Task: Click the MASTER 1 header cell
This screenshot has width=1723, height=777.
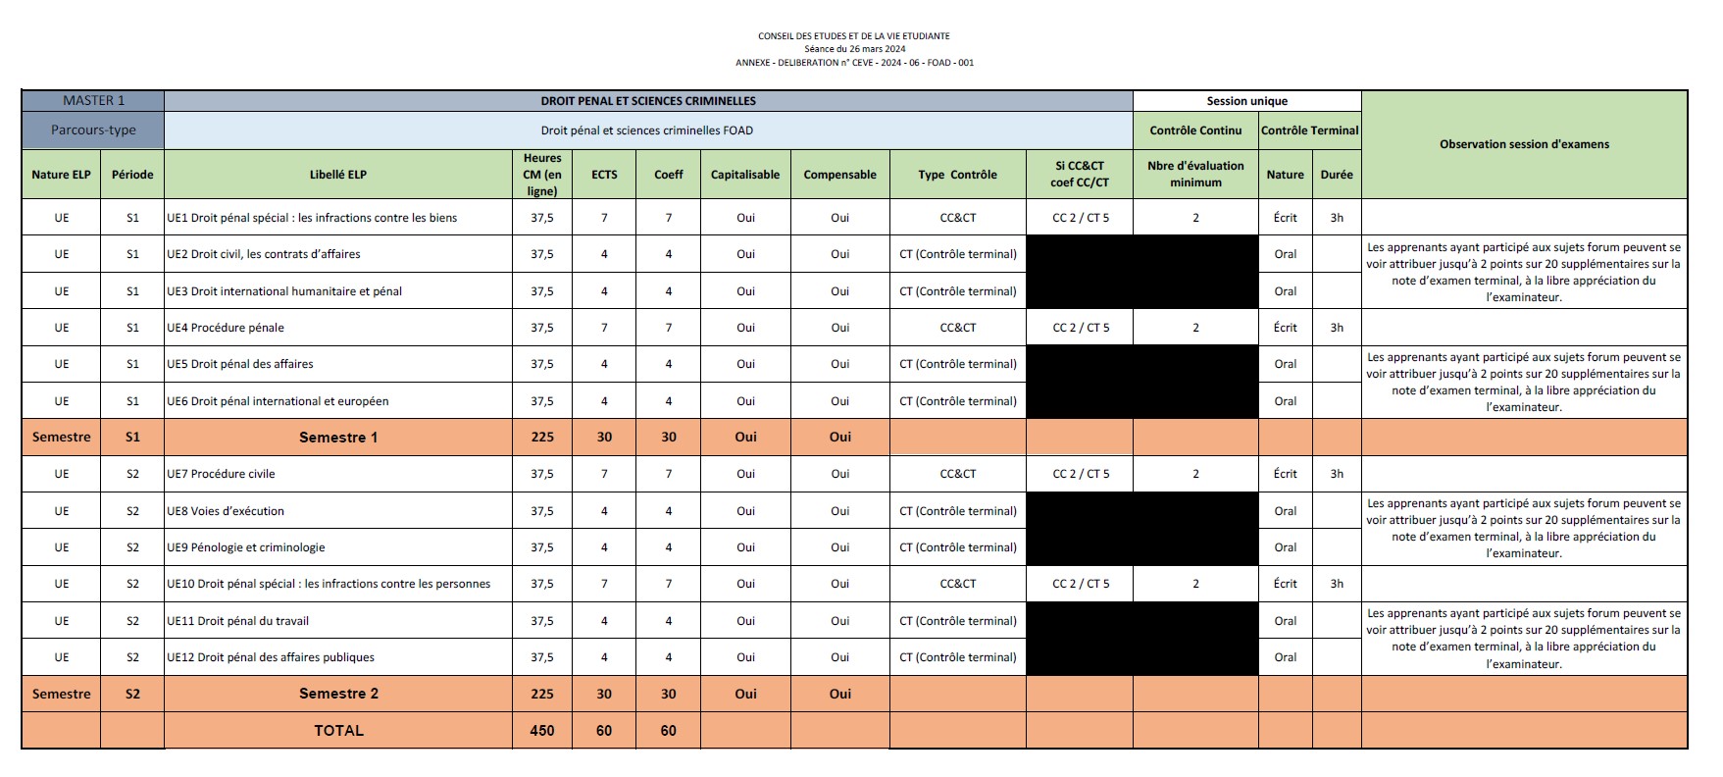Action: pos(93,101)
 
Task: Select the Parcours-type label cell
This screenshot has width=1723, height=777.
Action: pos(93,129)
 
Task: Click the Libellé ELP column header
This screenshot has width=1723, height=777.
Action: pos(337,175)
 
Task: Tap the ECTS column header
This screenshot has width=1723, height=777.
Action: pos(604,175)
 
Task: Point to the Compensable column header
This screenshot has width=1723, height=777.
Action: pos(839,175)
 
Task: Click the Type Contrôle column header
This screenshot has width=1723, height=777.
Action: pos(957,175)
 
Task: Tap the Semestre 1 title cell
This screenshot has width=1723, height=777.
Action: pos(337,438)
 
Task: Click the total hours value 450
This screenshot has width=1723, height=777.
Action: pos(541,731)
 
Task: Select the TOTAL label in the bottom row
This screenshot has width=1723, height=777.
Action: pos(337,731)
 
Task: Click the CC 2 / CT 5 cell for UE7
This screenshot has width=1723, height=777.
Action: pos(1080,474)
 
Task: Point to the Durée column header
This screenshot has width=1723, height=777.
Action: pos(1336,175)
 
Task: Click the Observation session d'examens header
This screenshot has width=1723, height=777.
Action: pos(1524,144)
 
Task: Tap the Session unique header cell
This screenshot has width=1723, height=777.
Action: pos(1246,101)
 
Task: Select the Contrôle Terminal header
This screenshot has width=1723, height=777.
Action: pos(1309,130)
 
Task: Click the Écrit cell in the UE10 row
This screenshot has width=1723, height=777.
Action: pos(1285,584)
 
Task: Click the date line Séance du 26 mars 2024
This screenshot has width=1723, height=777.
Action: pos(854,49)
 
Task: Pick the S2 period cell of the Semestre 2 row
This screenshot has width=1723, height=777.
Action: pos(132,694)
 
